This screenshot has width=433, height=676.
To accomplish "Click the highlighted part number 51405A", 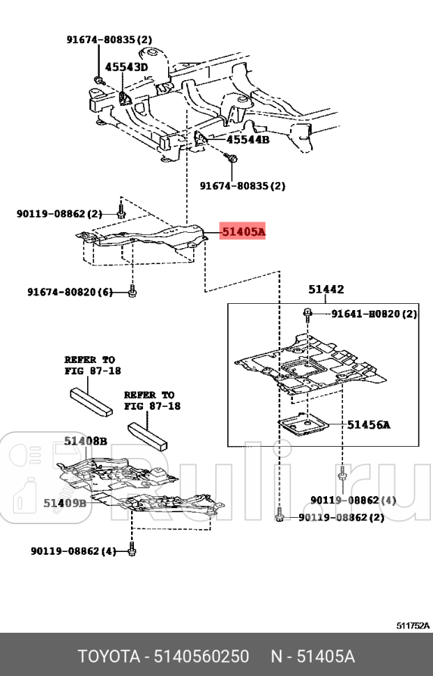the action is [243, 232].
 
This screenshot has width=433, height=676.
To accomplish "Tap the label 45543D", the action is [126, 68].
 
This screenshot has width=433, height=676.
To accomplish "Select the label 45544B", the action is [248, 139].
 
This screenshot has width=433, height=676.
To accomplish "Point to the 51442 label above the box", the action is [326, 289].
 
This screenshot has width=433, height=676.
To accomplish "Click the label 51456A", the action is [369, 424].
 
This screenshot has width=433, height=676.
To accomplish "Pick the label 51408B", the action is [86, 440].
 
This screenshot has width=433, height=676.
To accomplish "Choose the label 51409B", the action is [65, 502].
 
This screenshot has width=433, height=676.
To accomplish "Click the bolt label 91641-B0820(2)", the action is [374, 314].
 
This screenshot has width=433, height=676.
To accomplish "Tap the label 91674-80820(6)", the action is [70, 292].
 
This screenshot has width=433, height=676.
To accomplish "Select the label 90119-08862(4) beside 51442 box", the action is [354, 500].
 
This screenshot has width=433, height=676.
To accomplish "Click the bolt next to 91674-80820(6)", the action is [132, 292].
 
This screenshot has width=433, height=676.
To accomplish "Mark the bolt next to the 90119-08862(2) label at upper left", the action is [121, 212].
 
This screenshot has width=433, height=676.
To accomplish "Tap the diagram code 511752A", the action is [413, 626].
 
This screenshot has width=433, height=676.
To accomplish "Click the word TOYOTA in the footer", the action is [109, 656].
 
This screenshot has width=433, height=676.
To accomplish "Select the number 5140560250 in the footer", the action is [202, 656].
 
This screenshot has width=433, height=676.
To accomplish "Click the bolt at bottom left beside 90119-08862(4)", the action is [132, 551].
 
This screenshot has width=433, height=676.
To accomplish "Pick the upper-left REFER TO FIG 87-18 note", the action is [93, 365].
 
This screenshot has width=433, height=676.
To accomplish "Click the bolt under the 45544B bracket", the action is [232, 158].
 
